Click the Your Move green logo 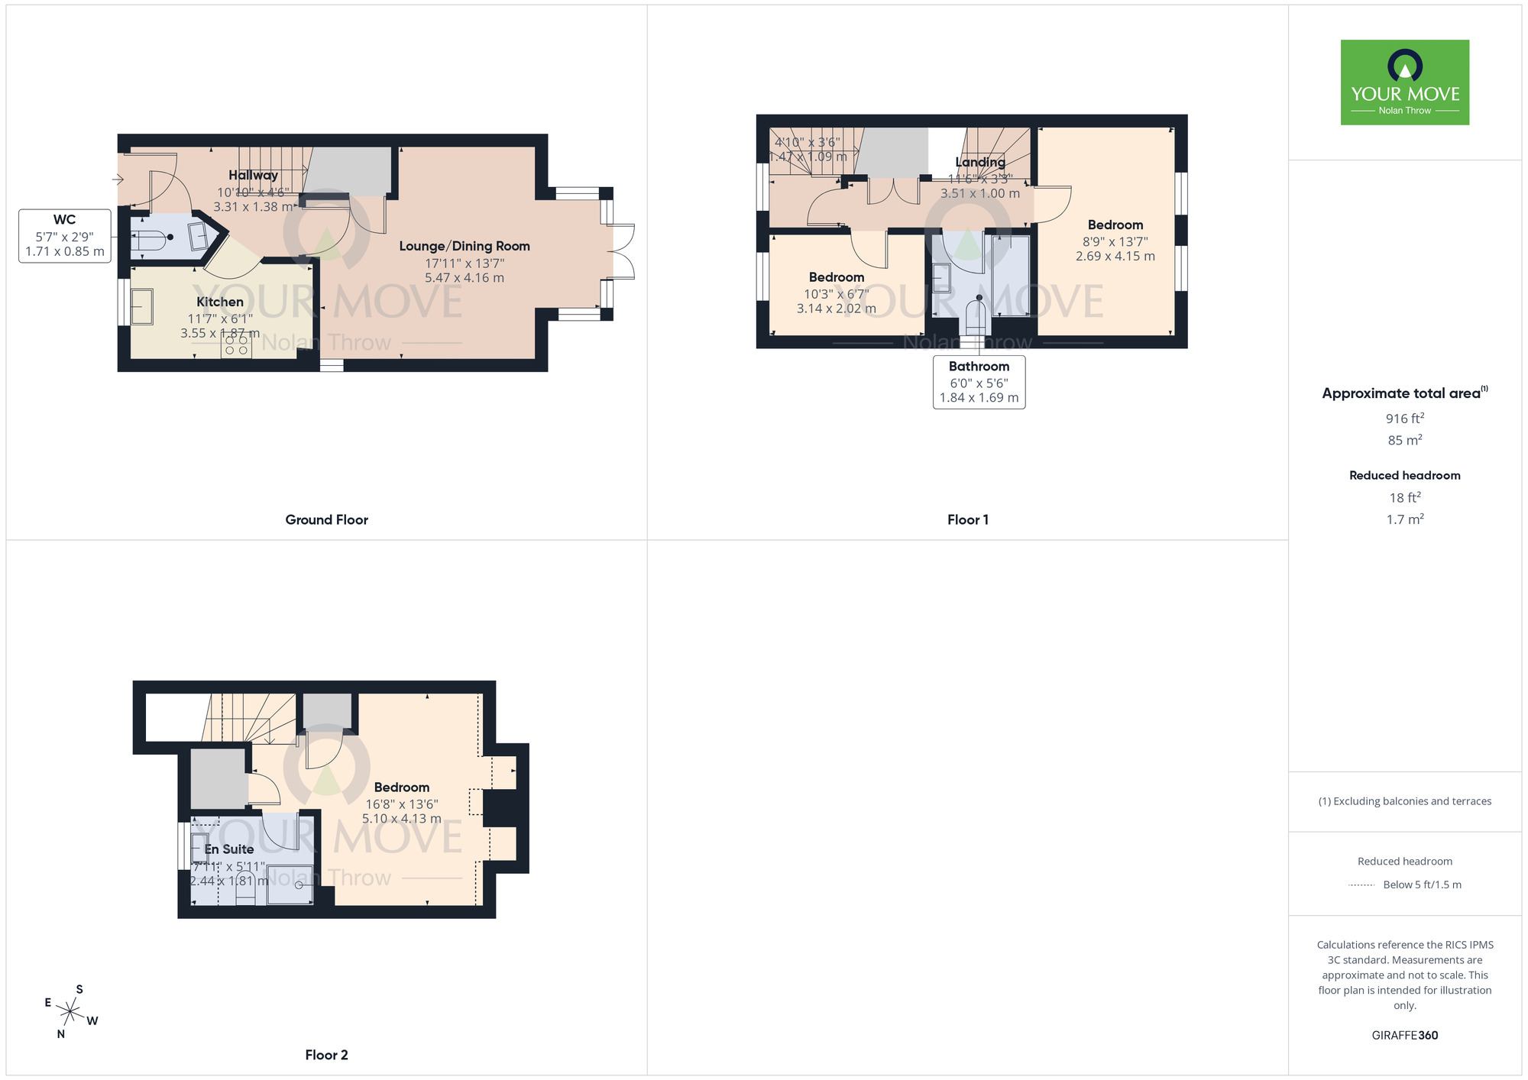(x=1404, y=82)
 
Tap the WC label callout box (x=65, y=236)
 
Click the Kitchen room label (x=220, y=302)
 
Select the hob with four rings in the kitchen (x=236, y=345)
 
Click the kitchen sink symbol (x=142, y=307)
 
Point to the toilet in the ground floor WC (x=153, y=238)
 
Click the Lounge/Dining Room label (x=465, y=246)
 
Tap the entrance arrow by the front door (x=118, y=179)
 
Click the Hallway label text (x=253, y=175)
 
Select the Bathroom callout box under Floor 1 (x=979, y=382)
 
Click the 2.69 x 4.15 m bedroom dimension (x=1115, y=257)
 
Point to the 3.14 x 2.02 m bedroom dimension (x=836, y=309)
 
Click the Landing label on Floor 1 (x=979, y=162)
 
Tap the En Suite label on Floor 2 (x=229, y=849)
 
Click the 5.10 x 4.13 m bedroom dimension (x=401, y=819)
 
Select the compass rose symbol (x=70, y=1012)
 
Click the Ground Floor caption (x=326, y=520)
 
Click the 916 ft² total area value (x=1404, y=419)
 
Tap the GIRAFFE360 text (x=1404, y=1036)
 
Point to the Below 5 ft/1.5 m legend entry (x=1421, y=884)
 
